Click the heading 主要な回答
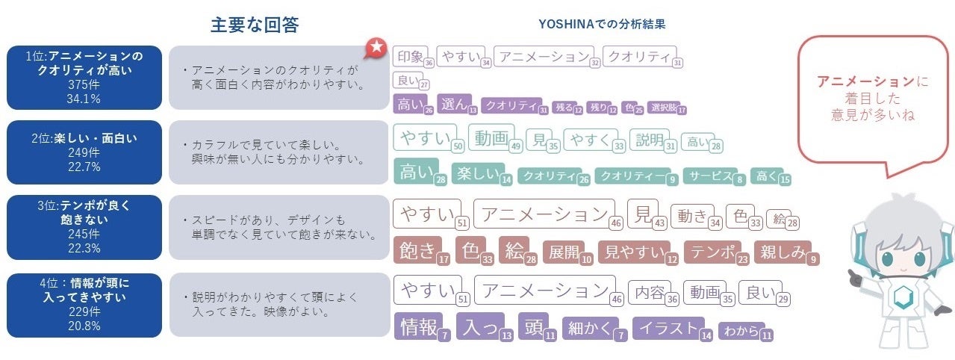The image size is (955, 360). click(x=255, y=25)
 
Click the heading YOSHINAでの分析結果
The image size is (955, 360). click(x=602, y=24)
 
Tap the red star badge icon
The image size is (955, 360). click(x=376, y=49)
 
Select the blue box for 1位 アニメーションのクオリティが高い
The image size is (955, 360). click(x=84, y=77)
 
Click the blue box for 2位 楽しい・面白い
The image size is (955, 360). click(x=84, y=152)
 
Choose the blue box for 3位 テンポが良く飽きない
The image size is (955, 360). click(x=84, y=227)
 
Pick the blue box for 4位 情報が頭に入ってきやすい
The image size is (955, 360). click(x=84, y=305)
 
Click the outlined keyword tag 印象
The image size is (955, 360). click(x=410, y=56)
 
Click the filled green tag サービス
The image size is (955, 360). click(x=709, y=177)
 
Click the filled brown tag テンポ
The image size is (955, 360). click(x=710, y=252)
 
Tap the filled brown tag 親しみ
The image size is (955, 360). click(x=782, y=252)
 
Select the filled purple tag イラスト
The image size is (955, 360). click(x=668, y=328)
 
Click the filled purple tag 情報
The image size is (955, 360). click(x=418, y=327)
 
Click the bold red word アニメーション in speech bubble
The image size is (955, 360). click(x=865, y=81)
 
